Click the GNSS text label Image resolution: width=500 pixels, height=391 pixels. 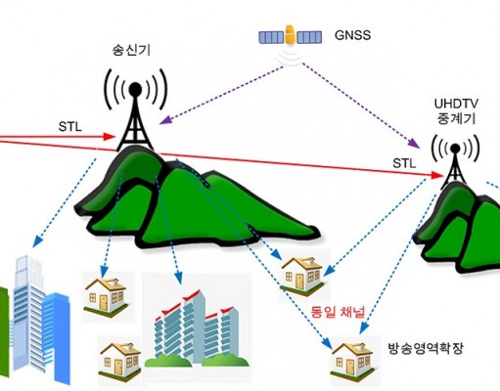352,35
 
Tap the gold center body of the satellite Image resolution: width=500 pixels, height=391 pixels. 290,35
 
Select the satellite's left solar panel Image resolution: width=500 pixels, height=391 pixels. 272,37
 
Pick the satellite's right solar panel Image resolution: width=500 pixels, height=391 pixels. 309,37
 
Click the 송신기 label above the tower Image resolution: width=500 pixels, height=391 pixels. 131,51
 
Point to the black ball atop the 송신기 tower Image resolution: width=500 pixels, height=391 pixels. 135,88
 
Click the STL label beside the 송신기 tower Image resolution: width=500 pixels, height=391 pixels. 70,127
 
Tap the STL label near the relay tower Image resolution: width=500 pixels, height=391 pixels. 404,163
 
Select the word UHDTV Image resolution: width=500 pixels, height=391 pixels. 456,104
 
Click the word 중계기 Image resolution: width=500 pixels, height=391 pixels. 456,118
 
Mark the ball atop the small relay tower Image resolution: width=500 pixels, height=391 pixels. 455,149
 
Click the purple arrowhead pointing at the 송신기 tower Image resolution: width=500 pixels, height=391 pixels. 164,120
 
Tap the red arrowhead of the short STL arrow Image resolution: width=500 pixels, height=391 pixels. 110,136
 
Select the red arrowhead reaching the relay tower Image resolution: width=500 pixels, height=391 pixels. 437,175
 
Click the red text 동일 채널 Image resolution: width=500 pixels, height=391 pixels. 338,312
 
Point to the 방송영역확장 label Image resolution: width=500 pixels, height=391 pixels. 426,348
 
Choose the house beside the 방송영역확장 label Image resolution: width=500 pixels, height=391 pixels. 351,359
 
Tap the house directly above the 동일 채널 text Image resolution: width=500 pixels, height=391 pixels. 302,274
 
